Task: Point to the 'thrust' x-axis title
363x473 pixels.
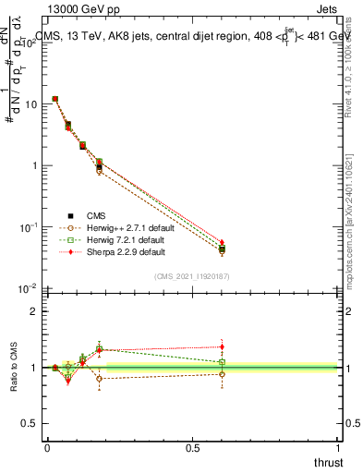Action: [x=327, y=461]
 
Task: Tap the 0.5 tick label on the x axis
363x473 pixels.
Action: [x=192, y=447]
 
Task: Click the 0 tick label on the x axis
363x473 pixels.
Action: [x=47, y=447]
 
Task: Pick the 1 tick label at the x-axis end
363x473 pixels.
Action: [x=338, y=447]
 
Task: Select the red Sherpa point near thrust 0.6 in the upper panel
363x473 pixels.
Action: [x=222, y=242]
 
